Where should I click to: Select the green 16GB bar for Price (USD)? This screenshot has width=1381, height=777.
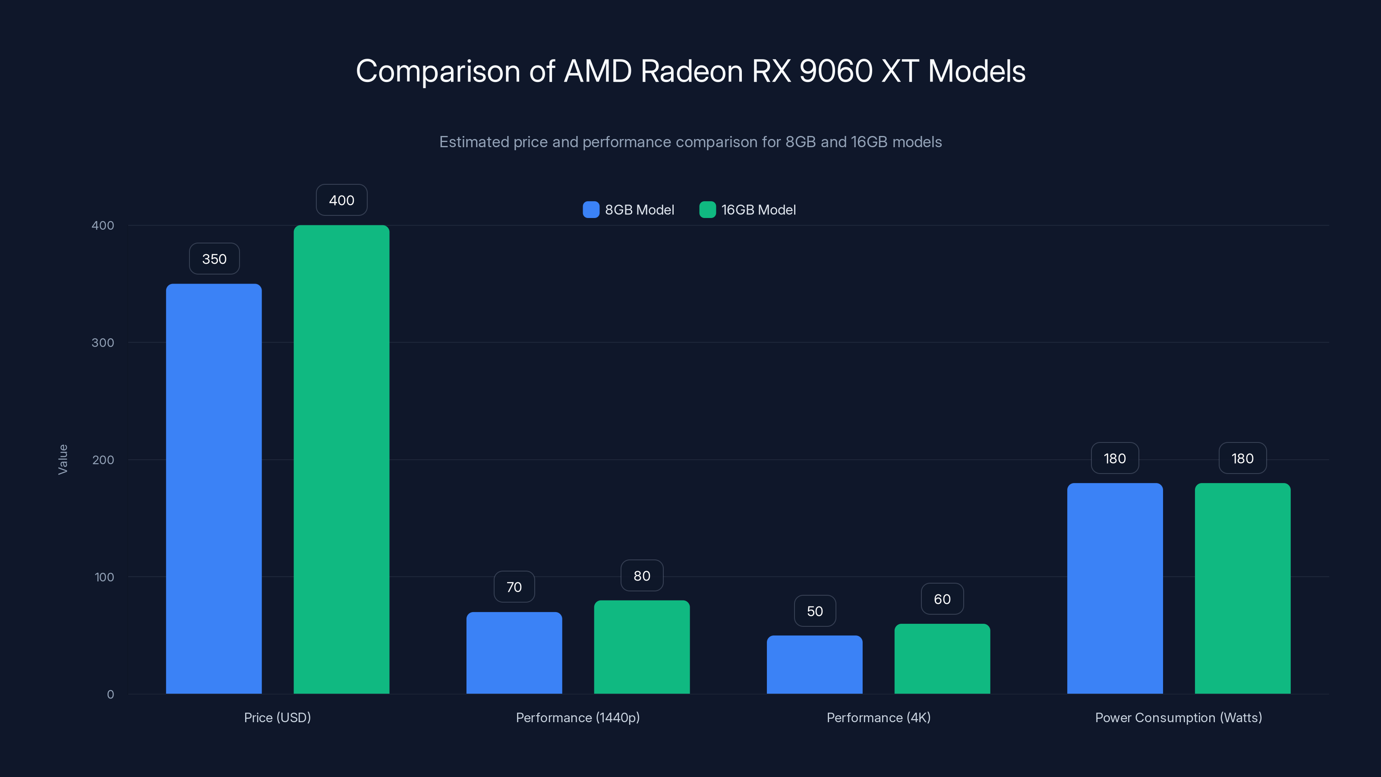pyautogui.click(x=341, y=459)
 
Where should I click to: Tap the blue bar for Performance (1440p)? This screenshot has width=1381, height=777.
pyautogui.click(x=514, y=653)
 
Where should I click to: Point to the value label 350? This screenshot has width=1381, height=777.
pyautogui.click(x=214, y=259)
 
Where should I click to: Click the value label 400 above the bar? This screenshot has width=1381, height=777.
pyautogui.click(x=341, y=200)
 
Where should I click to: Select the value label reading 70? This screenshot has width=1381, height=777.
pyautogui.click(x=514, y=587)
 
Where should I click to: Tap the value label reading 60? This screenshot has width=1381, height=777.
pyautogui.click(x=942, y=599)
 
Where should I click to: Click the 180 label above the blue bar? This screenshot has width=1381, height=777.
pyautogui.click(x=1115, y=458)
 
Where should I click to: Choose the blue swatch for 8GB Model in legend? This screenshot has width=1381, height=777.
pyautogui.click(x=591, y=210)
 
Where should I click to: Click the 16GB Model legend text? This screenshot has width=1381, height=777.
pyautogui.click(x=758, y=210)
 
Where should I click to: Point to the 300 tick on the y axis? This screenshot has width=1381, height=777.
pyautogui.click(x=103, y=343)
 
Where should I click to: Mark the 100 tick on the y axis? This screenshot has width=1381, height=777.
pyautogui.click(x=104, y=577)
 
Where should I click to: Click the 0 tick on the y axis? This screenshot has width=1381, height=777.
pyautogui.click(x=110, y=695)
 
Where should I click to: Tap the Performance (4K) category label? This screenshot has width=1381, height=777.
pyautogui.click(x=878, y=717)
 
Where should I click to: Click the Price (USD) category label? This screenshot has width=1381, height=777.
pyautogui.click(x=277, y=717)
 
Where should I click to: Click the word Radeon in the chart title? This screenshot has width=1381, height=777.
pyautogui.click(x=691, y=71)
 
